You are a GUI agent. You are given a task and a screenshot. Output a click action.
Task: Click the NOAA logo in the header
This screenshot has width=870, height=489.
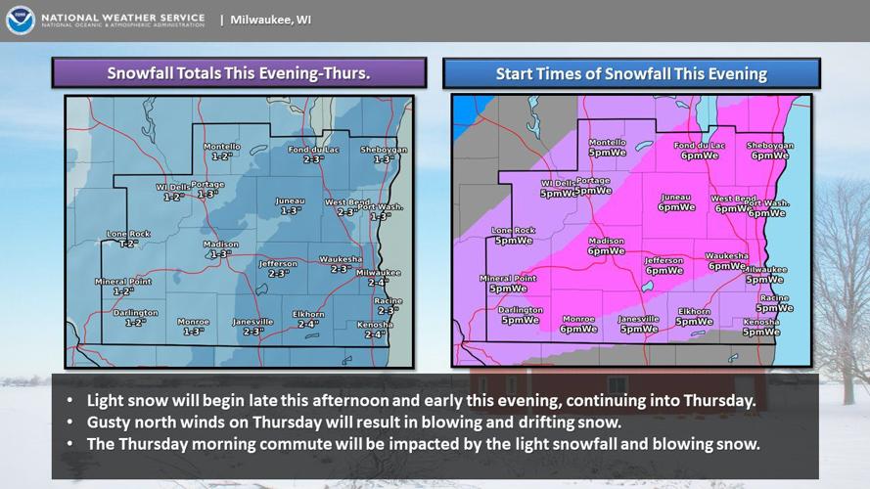coord(20,21)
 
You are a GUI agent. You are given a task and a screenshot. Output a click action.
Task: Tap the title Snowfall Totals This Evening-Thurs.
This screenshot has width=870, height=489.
coord(238,73)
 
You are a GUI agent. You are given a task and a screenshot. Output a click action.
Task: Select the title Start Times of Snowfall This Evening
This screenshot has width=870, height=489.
coord(631,73)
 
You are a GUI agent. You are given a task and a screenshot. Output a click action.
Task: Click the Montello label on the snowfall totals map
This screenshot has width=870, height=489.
coord(221,147)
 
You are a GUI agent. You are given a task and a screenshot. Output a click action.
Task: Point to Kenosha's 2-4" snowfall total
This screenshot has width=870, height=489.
coord(374,334)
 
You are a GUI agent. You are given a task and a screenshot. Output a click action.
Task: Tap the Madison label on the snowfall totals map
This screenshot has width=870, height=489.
coord(220,244)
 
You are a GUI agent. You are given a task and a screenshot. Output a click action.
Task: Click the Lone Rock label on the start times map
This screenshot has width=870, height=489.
coord(514,231)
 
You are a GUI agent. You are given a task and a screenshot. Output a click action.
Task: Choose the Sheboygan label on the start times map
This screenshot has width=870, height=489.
coord(770,146)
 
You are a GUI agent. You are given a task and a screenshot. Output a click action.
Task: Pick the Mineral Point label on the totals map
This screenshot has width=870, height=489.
coord(123,282)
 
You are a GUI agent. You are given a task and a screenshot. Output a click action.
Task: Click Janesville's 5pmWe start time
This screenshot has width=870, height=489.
coord(639,330)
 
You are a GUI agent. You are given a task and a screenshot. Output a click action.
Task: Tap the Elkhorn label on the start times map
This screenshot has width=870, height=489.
coord(695,312)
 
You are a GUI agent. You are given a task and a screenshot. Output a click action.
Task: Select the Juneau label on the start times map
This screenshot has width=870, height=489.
coord(676,198)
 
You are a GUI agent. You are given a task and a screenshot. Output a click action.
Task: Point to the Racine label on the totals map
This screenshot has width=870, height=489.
coord(388,300)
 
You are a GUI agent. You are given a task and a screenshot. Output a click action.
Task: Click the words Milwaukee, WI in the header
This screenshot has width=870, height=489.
coord(271,19)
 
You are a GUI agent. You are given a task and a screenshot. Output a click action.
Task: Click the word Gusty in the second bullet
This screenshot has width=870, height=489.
coord(110,422)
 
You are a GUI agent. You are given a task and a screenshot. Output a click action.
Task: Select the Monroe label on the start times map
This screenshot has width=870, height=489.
coord(578,319)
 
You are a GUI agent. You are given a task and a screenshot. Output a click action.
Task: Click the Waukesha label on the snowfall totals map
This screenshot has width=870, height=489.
coord(341,259)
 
